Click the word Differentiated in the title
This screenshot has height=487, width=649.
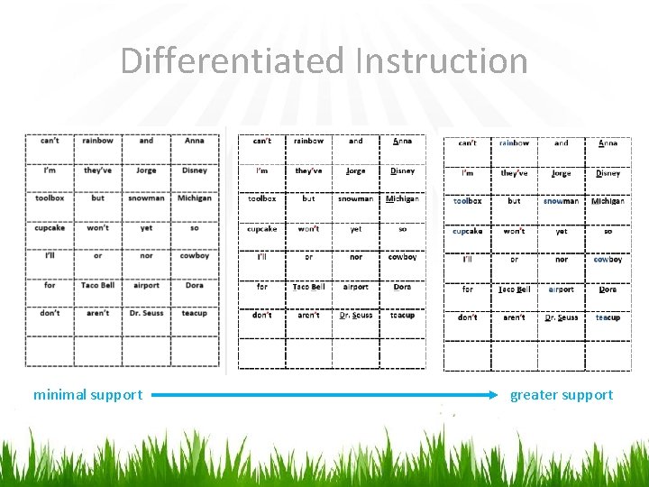click(233, 61)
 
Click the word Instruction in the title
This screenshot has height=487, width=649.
click(441, 61)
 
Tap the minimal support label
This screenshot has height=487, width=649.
click(87, 395)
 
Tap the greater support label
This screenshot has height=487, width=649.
click(561, 395)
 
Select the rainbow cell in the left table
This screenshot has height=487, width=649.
click(97, 141)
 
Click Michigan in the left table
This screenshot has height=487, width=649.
click(195, 198)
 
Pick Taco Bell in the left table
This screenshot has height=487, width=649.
click(97, 285)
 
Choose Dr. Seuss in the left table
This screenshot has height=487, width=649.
click(146, 313)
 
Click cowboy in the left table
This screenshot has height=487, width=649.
click(195, 256)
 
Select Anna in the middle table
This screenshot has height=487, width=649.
click(403, 141)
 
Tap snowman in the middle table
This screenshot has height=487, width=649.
click(356, 198)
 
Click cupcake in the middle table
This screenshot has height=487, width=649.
click(262, 229)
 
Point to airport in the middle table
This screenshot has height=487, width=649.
click(356, 287)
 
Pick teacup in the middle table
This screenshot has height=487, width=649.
click(403, 316)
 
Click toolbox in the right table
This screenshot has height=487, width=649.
click(468, 201)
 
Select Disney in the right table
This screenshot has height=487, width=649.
click(608, 173)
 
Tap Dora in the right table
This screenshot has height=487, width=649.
click(608, 289)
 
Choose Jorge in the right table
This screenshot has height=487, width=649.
click(562, 173)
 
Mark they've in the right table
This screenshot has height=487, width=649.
click(515, 173)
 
